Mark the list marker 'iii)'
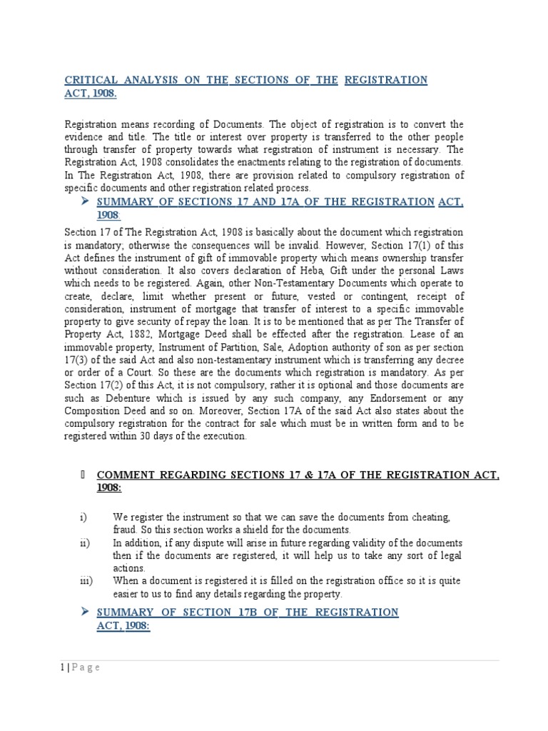click(x=86, y=581)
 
